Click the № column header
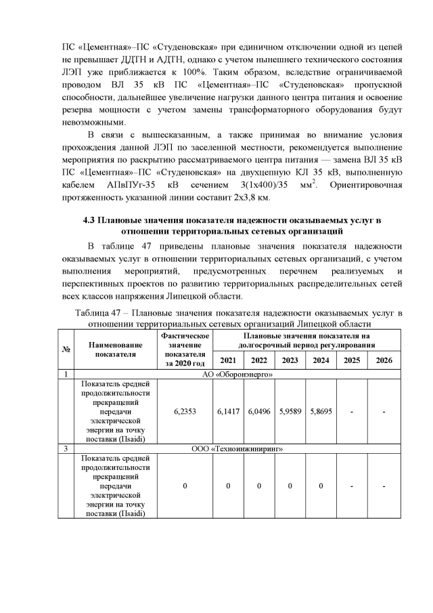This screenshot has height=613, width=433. (x=66, y=349)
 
